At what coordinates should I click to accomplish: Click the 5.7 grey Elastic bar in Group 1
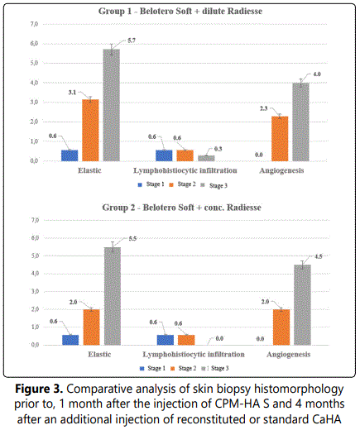click(x=112, y=105)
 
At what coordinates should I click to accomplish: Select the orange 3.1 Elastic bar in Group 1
click(x=90, y=130)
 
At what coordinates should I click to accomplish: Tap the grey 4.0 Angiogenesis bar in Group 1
click(x=300, y=122)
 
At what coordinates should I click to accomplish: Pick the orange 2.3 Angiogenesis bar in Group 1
click(x=280, y=139)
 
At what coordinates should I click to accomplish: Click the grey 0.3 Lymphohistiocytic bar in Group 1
click(x=206, y=158)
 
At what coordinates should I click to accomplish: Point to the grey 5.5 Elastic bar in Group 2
click(x=113, y=296)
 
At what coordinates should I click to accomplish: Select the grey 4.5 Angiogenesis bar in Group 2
click(x=302, y=305)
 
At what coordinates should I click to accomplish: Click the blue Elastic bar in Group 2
click(x=70, y=340)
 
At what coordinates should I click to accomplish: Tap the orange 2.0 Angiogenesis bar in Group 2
click(x=281, y=327)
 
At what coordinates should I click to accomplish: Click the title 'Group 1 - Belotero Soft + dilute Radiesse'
click(x=180, y=12)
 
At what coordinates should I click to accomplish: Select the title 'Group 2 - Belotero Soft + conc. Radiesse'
click(x=181, y=208)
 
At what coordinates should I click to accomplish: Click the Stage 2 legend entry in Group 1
click(x=183, y=184)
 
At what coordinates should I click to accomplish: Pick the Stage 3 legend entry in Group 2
click(x=215, y=368)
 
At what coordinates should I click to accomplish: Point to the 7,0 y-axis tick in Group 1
click(x=34, y=24)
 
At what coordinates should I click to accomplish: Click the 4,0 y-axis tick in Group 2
click(x=35, y=274)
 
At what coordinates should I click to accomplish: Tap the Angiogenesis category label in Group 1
click(x=281, y=170)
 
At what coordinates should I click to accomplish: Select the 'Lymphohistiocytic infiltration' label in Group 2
click(x=194, y=354)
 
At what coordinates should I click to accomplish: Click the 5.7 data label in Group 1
click(x=132, y=41)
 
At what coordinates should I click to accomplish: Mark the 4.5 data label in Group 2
click(x=319, y=256)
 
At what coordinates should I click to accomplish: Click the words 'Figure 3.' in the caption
click(x=39, y=389)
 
